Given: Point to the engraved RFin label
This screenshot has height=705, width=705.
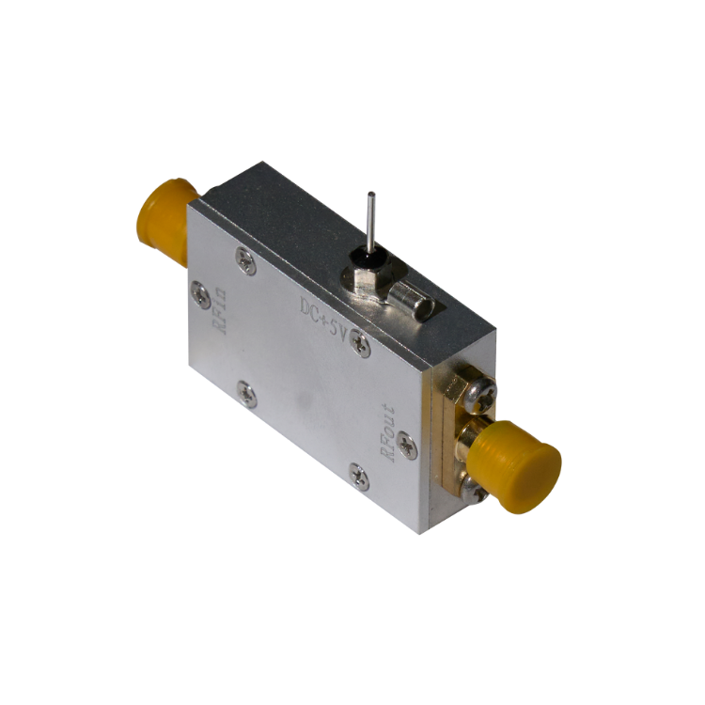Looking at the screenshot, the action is point(220,311).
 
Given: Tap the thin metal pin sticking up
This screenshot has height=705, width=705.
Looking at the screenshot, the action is point(370,222).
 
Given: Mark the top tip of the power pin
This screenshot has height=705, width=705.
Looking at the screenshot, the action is point(371,194).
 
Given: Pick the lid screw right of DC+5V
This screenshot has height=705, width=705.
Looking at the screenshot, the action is point(360,343).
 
